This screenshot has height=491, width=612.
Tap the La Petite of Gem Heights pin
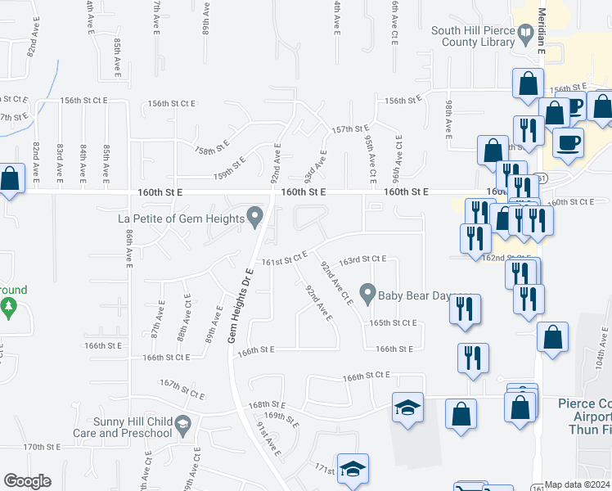point(255,218)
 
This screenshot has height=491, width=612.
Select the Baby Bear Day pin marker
point(368,292)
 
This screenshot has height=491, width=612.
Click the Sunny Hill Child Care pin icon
point(182,423)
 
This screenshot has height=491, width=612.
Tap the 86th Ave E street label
point(129,245)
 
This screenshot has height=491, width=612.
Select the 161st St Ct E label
point(284,261)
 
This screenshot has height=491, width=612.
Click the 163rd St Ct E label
point(362,259)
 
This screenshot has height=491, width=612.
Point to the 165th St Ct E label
point(392,322)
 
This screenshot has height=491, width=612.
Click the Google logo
point(27,481)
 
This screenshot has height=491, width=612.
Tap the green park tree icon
point(9,308)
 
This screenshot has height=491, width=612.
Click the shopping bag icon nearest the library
point(529,83)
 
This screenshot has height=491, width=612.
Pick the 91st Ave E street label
point(268,440)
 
